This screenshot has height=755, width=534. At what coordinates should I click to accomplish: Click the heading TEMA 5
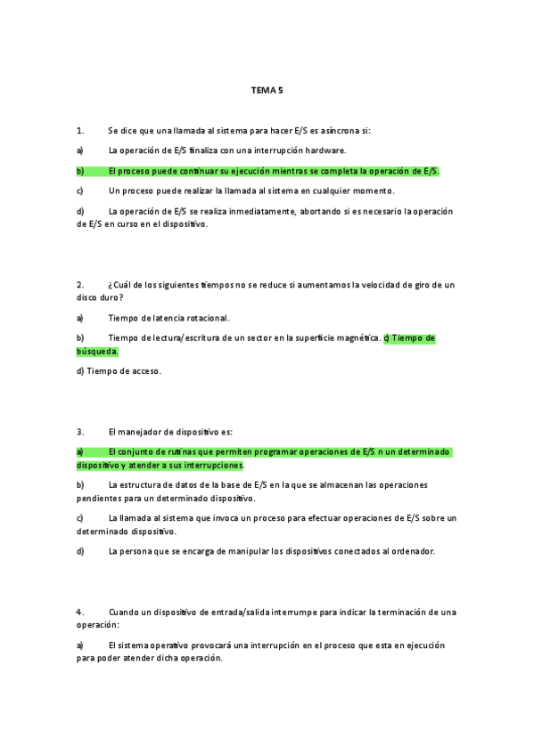pyautogui.click(x=267, y=90)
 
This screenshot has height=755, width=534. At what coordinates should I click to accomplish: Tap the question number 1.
pyautogui.click(x=79, y=131)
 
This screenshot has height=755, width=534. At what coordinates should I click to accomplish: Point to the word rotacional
pyautogui.click(x=207, y=318)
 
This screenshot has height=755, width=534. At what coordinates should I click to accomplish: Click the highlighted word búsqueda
pyautogui.click(x=97, y=351)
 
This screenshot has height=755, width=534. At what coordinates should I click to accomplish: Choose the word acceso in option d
pyautogui.click(x=145, y=370)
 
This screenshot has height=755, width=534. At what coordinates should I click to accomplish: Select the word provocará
pyautogui.click(x=226, y=645)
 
